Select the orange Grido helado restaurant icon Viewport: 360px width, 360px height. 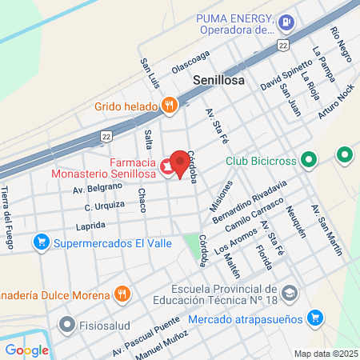(168, 105)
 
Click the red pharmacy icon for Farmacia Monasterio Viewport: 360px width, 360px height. (166, 166)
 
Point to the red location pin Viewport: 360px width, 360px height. (182, 163)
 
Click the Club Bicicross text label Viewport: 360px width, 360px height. (261, 160)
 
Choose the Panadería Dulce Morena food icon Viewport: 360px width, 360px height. (122, 294)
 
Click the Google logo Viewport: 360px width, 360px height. (26, 350)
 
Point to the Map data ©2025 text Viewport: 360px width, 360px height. (326, 353)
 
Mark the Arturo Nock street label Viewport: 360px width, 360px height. (335, 103)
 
